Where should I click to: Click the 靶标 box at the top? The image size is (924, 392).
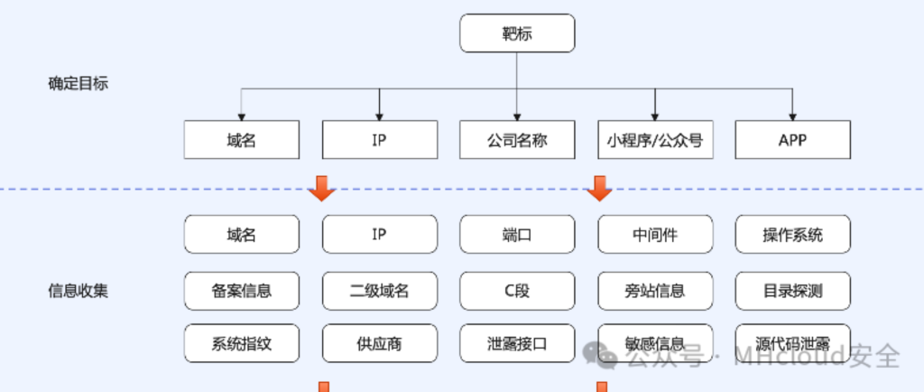click(517, 34)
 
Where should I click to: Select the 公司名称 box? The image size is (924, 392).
click(517, 140)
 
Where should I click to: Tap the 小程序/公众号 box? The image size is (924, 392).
click(655, 140)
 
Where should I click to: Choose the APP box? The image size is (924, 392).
click(792, 140)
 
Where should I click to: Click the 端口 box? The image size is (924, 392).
click(517, 235)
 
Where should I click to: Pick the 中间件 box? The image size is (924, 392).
click(655, 235)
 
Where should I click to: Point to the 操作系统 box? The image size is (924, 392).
click(792, 235)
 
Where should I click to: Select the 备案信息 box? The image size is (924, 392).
click(242, 290)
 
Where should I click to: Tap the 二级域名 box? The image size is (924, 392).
click(379, 290)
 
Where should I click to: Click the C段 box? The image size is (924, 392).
click(517, 290)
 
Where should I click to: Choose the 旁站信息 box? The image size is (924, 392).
click(655, 290)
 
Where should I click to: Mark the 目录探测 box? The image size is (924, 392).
click(792, 290)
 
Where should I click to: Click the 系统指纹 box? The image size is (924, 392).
click(242, 343)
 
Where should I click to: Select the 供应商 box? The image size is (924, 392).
click(379, 343)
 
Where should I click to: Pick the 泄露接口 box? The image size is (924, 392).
click(517, 343)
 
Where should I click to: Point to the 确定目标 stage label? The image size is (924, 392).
click(79, 84)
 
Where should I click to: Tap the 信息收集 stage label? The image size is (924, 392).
click(79, 291)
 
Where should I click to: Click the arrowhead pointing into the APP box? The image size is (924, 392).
click(792, 116)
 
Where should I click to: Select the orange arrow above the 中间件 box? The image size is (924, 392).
click(599, 190)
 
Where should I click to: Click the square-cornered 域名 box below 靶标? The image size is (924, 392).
click(242, 140)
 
